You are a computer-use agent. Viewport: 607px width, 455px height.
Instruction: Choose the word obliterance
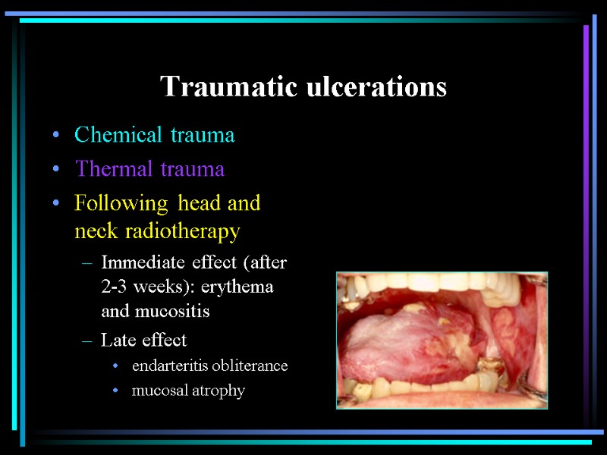click(250, 366)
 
